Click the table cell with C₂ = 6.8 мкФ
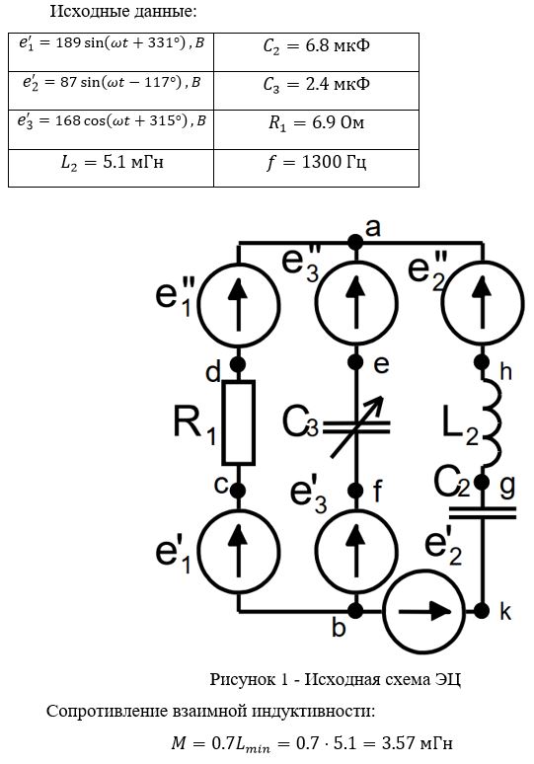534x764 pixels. pyautogui.click(x=316, y=52)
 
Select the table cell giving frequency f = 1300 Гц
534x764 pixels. pyautogui.click(x=316, y=168)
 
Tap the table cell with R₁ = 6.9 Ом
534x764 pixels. pyautogui.click(x=316, y=129)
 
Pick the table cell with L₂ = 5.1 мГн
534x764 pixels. pyautogui.click(x=112, y=168)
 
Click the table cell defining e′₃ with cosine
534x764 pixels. pyautogui.click(x=112, y=129)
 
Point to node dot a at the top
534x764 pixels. pyautogui.click(x=356, y=242)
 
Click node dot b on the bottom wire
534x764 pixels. pyautogui.click(x=356, y=611)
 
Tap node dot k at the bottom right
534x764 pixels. pyautogui.click(x=482, y=610)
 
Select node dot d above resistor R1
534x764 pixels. pyautogui.click(x=238, y=364)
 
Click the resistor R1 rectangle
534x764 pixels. pyautogui.click(x=238, y=422)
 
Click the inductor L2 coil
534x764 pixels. pyautogui.click(x=490, y=422)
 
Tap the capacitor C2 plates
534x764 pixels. pyautogui.click(x=482, y=512)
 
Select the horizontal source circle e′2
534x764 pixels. pyautogui.click(x=423, y=611)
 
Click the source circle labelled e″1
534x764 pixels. pyautogui.click(x=238, y=305)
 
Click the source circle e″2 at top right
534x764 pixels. pyautogui.click(x=483, y=303)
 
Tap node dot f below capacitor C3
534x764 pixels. pyautogui.click(x=356, y=491)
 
